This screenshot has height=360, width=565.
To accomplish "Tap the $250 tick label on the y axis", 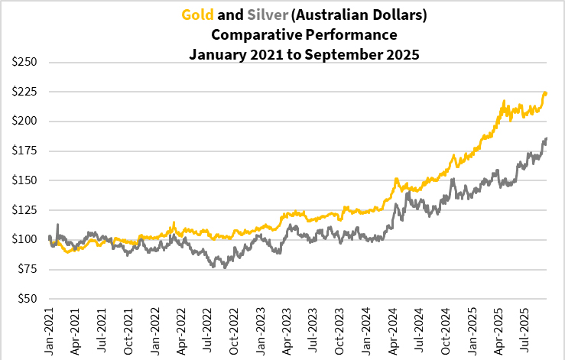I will (21, 62).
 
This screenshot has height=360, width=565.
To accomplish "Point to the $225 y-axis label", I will (21, 92).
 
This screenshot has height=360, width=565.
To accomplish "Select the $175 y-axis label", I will (21, 151).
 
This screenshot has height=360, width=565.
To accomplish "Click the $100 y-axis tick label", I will (21, 239).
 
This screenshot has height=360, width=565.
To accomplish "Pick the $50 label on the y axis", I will (24, 299).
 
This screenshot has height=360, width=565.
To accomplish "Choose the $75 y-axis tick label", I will (24, 269).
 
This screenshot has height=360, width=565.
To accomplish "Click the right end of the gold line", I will (546, 93).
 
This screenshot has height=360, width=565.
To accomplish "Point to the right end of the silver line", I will (547, 138).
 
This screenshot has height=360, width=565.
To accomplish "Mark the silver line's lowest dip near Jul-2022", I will (225, 267).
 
